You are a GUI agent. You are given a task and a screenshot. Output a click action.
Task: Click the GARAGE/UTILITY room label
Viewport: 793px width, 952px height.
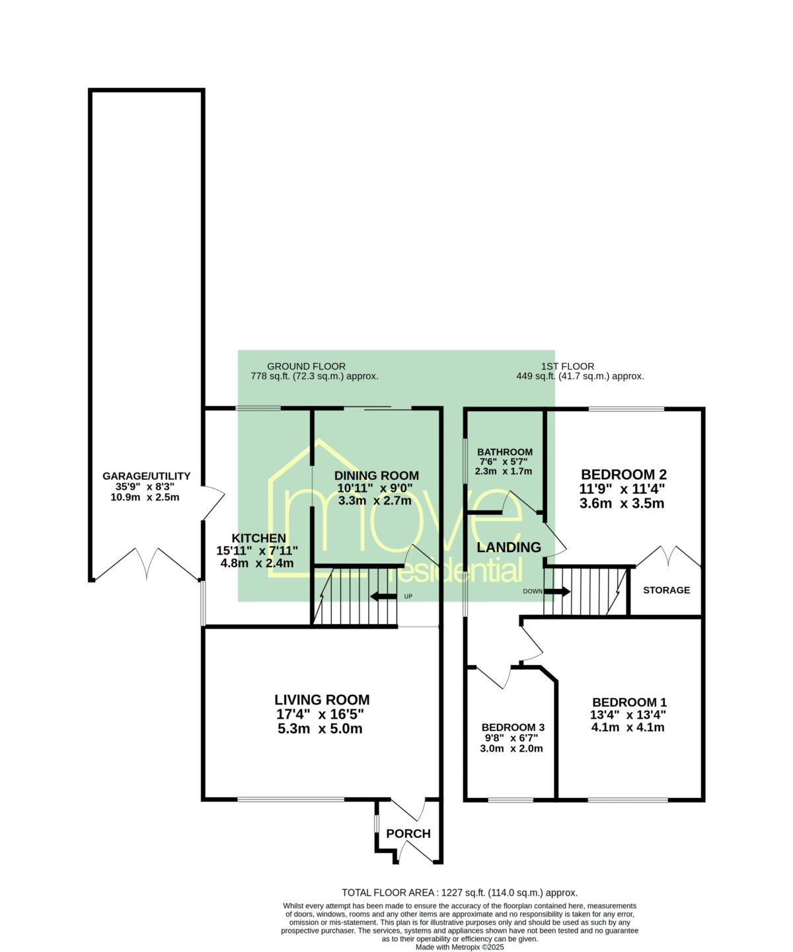146,476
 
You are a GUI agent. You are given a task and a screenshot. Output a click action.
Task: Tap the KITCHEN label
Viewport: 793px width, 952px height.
259,538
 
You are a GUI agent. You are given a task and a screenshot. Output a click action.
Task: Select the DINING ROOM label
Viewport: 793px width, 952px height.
377,475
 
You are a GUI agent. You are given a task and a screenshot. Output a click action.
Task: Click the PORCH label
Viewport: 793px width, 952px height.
408,834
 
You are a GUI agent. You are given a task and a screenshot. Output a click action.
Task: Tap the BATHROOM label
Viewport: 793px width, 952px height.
505,452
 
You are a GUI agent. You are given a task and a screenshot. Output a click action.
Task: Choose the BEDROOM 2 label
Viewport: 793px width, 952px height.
624,474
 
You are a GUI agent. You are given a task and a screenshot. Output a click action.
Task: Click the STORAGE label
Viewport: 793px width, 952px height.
666,590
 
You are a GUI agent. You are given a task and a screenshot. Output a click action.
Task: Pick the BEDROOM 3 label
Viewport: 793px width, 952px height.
513,727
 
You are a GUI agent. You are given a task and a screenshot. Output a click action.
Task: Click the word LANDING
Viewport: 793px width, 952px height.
509,547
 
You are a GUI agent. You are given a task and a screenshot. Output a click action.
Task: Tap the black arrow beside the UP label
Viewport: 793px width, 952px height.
383,596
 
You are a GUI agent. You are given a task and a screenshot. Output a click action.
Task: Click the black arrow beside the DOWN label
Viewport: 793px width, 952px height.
557,591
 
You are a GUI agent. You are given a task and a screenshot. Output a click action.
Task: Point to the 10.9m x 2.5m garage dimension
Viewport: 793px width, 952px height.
145,497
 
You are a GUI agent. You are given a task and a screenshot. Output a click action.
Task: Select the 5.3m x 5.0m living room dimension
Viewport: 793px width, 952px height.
320,729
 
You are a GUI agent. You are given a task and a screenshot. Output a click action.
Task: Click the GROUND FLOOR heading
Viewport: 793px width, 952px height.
306,366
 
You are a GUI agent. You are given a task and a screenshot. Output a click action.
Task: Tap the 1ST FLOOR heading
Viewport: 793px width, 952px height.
568,366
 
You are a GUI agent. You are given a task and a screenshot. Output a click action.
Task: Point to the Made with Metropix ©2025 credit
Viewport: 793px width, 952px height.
460,947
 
